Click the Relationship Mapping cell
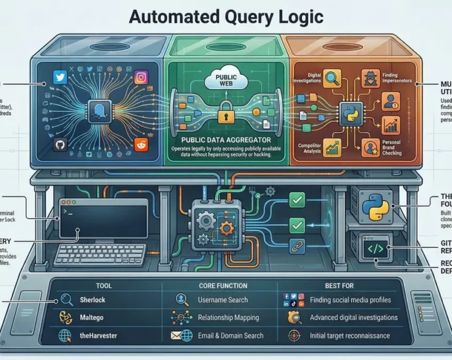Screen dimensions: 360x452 point(227,317)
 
